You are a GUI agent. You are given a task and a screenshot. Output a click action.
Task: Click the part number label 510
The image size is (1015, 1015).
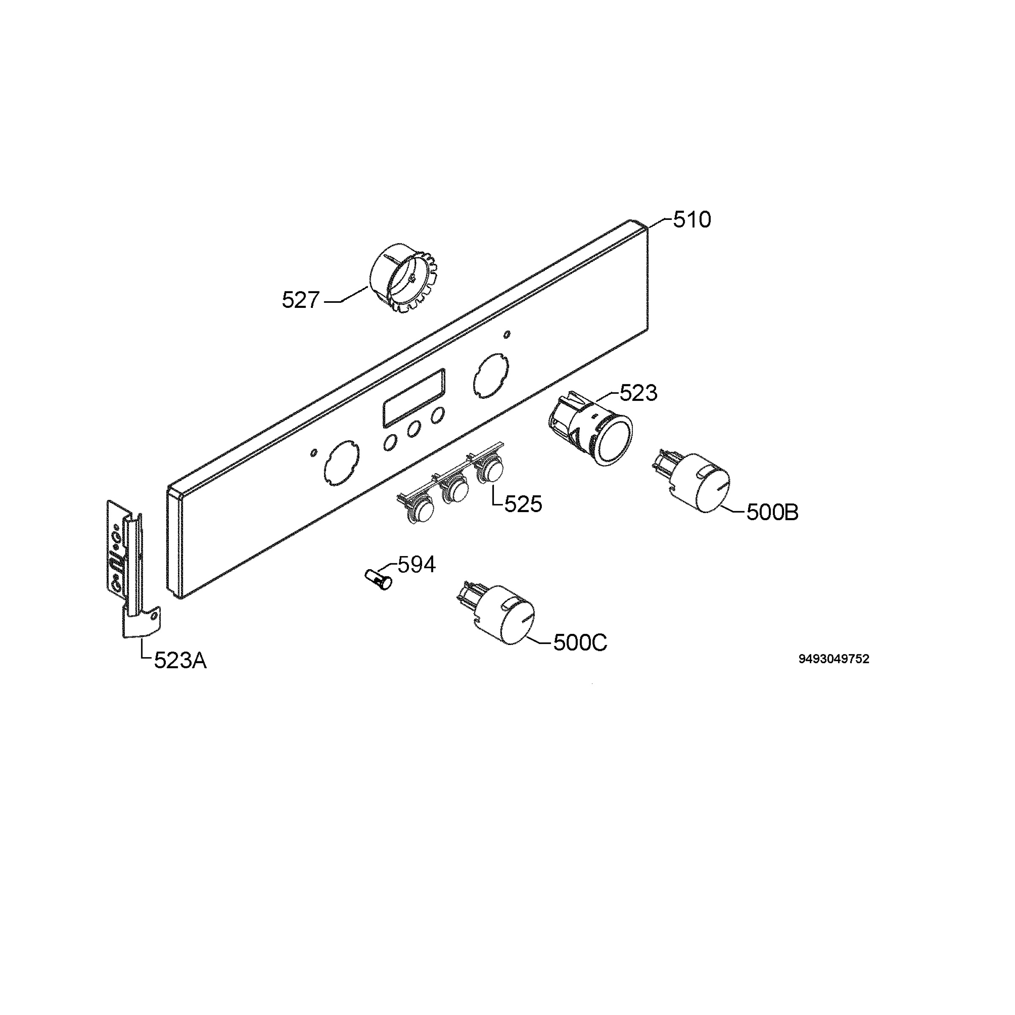coord(692,219)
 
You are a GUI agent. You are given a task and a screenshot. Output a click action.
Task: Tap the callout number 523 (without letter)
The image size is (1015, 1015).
coord(638,393)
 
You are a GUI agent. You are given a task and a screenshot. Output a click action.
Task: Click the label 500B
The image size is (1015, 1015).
coord(772,512)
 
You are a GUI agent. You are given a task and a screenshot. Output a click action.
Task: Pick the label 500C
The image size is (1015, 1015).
coord(580,642)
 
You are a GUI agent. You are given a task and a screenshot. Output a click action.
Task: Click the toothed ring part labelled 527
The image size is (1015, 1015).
coord(403,279)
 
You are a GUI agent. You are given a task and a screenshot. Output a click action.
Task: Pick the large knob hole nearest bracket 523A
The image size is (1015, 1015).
coord(340,460)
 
